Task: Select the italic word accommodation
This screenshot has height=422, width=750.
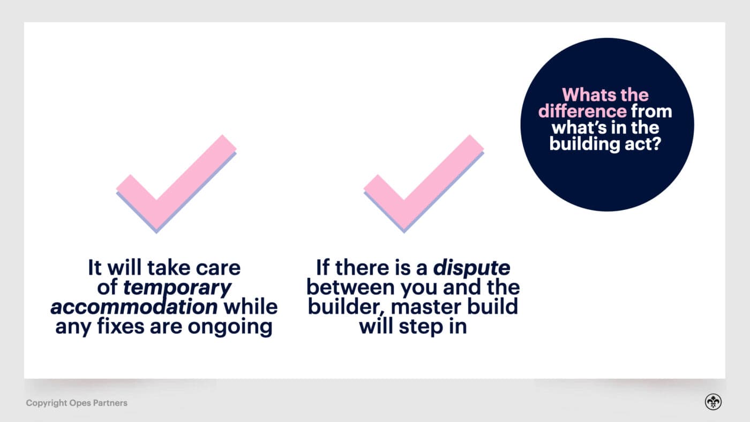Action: pos(134,307)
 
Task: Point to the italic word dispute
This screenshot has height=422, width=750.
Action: pos(471,268)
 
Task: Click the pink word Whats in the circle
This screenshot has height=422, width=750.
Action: pos(589,95)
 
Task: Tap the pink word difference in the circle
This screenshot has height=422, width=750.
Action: pos(582,111)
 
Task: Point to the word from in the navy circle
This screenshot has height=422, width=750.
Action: pos(651,111)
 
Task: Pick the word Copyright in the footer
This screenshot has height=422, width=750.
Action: pos(47,403)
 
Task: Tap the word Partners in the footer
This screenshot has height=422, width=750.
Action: pos(110,403)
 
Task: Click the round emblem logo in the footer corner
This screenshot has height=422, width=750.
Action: pos(713,402)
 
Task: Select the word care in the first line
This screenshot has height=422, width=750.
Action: pos(218,268)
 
